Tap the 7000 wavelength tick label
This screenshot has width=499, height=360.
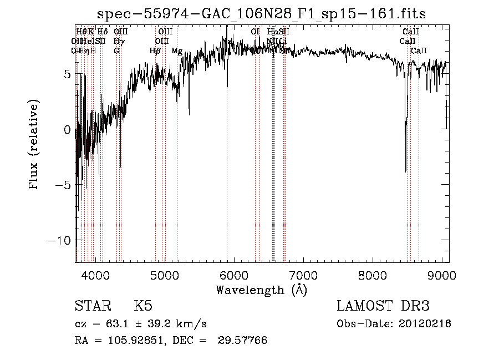[x=303, y=275]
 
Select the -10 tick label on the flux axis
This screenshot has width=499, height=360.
[x=59, y=240]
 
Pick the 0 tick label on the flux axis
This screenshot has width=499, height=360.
[x=67, y=129]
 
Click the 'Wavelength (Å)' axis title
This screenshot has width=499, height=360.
[x=261, y=290]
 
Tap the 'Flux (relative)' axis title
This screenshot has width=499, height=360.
[x=35, y=145]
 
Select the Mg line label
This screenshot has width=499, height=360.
[x=176, y=51]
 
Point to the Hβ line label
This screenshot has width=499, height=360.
[x=155, y=51]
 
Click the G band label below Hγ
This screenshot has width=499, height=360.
[x=116, y=51]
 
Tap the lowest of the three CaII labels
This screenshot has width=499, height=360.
[x=419, y=51]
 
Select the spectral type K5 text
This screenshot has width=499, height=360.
[x=143, y=306]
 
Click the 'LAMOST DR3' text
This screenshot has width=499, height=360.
[x=383, y=306]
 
